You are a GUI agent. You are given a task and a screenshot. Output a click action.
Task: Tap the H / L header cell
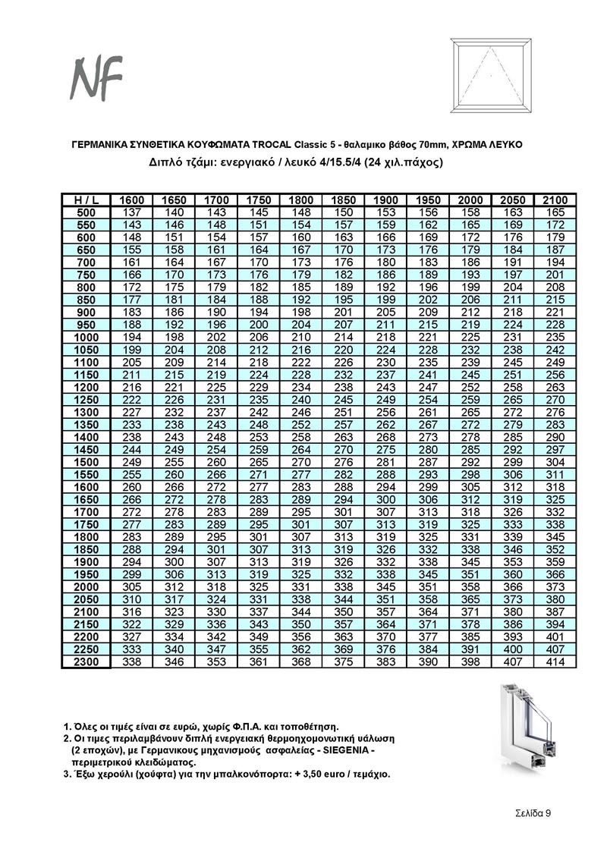[x=85, y=200]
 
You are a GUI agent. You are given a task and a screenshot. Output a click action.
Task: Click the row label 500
[x=85, y=212]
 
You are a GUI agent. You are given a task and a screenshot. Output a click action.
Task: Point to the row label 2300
[x=85, y=662]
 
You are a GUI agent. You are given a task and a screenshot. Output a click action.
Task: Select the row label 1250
[x=85, y=400]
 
